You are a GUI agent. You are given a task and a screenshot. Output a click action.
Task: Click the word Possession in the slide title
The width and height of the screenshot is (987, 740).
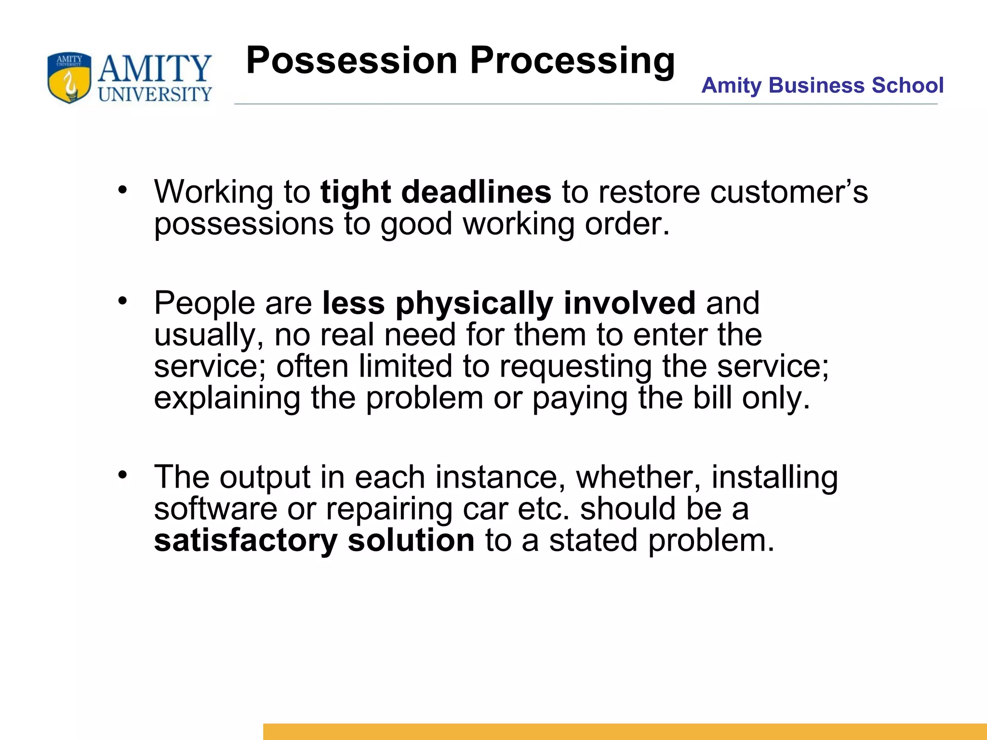point(351,61)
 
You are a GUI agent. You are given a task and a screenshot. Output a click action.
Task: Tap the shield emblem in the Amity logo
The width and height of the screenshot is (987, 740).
point(69,78)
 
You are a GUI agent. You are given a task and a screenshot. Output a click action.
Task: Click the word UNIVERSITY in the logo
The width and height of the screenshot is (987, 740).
point(155,94)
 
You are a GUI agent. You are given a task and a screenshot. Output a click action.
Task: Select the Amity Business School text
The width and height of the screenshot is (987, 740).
point(822,85)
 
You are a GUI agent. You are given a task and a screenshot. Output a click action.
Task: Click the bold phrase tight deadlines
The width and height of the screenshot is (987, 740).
point(436,192)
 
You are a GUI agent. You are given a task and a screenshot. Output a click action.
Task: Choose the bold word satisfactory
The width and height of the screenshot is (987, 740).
point(245,540)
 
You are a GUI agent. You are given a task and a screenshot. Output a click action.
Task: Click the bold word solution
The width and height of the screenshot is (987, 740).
point(411,540)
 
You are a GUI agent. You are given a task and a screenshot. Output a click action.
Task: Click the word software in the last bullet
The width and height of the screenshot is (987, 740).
point(215,509)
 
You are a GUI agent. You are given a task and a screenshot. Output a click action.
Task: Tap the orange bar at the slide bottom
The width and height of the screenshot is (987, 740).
point(625,731)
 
